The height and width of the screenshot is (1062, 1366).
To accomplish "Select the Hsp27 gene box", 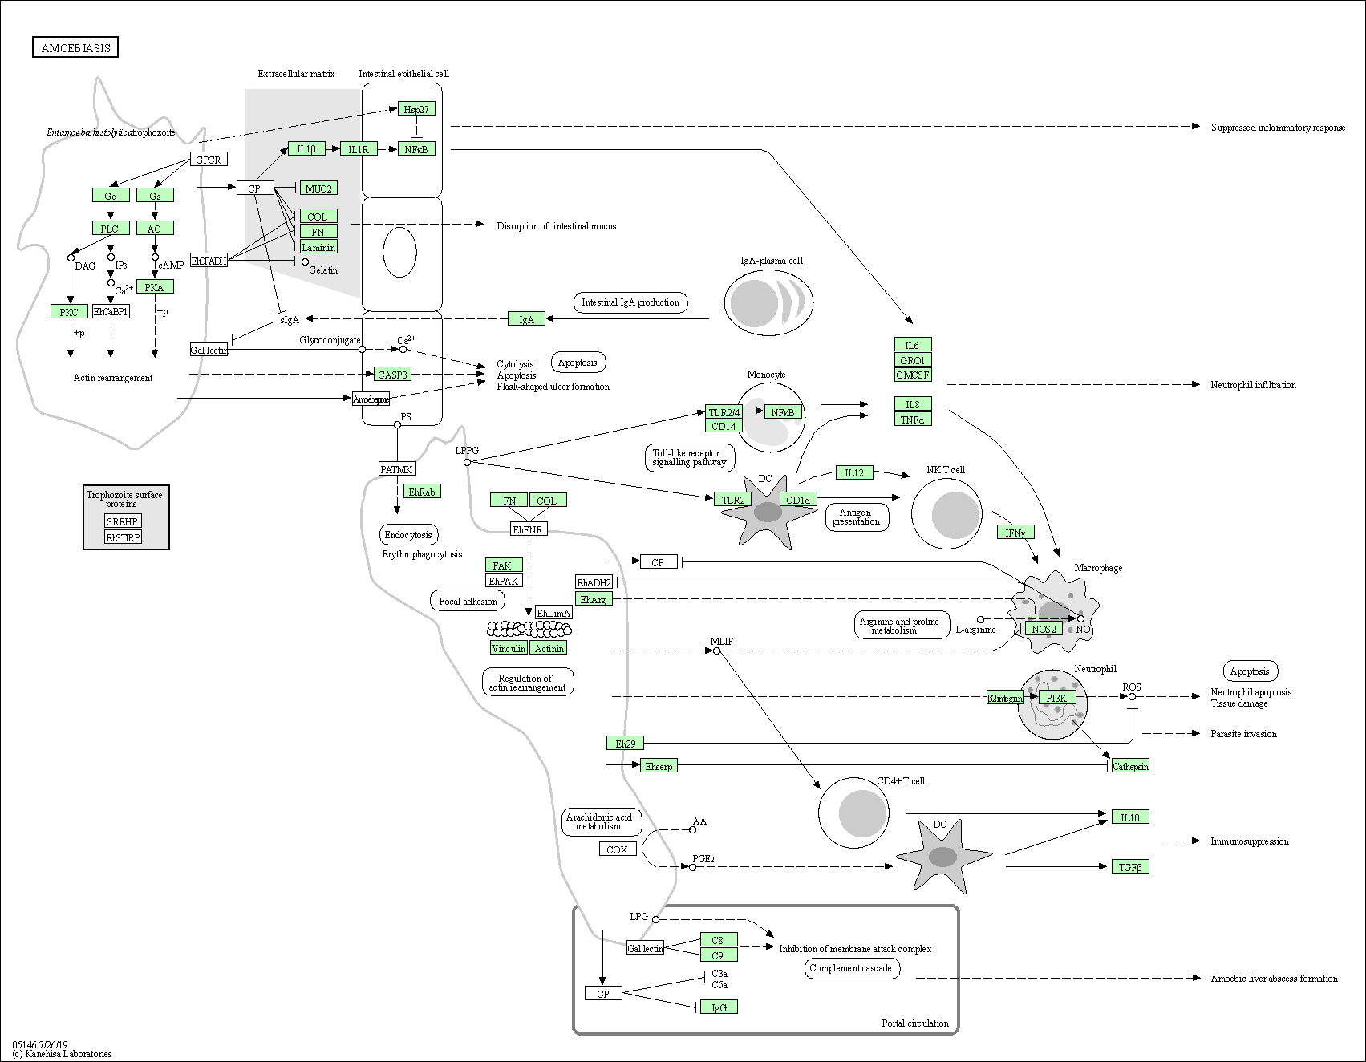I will point(416,108).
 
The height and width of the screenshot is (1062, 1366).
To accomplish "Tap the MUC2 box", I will point(318,188).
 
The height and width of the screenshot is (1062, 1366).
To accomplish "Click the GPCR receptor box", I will point(208,160).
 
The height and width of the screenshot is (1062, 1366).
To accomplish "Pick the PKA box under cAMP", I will point(154,286).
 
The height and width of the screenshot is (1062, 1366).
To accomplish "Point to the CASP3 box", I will point(392,374).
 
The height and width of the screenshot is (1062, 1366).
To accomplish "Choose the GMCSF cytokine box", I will point(913,375).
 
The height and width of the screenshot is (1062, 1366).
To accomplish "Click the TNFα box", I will point(913,419).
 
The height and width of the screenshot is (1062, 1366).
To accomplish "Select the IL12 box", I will point(853,472).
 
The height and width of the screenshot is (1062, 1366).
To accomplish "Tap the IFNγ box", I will point(1015,532).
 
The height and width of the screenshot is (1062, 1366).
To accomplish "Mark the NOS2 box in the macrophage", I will point(1044,629).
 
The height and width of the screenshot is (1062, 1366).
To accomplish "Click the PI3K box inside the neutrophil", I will point(1056,698).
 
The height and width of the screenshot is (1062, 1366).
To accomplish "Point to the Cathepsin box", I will point(1130,766).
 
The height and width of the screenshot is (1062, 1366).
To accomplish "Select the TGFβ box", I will point(1129,866).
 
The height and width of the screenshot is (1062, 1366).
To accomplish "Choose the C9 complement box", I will point(718,955).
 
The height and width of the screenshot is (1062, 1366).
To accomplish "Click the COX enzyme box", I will point(618,849).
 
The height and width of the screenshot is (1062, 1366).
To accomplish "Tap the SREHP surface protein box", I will point(123,521).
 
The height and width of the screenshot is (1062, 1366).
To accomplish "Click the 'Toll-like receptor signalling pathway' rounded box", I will point(689,457).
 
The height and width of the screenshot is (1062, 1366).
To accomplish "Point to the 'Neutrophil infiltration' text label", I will point(1253,385).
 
